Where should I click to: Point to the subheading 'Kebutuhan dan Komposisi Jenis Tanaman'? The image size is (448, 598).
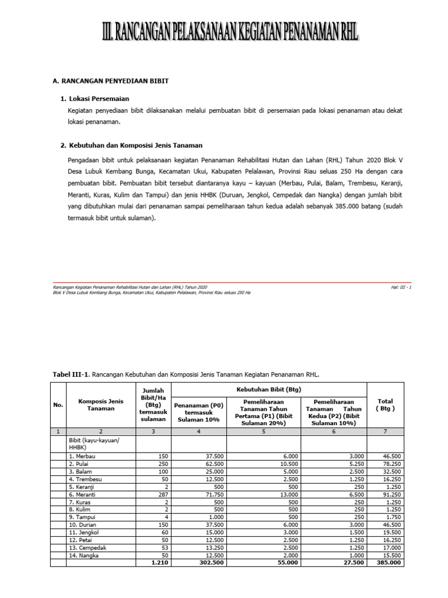(x=136, y=145)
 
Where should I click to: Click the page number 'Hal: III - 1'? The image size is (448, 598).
(x=402, y=287)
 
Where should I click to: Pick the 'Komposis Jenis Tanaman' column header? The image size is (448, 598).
(x=100, y=404)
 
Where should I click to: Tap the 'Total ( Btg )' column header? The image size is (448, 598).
(x=385, y=405)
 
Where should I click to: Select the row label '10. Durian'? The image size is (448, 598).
(x=83, y=525)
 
